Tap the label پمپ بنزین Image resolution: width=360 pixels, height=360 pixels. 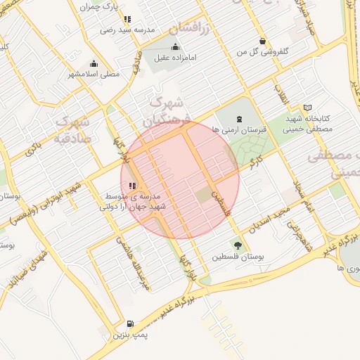point(129,336)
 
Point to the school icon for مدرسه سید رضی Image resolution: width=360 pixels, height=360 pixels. point(127,20)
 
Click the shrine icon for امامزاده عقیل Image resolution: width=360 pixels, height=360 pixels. point(175,47)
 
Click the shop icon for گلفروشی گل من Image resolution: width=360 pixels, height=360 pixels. point(262,41)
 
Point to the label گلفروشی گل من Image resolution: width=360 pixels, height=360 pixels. point(262,52)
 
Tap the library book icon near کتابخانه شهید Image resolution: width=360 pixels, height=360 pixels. point(307,108)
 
